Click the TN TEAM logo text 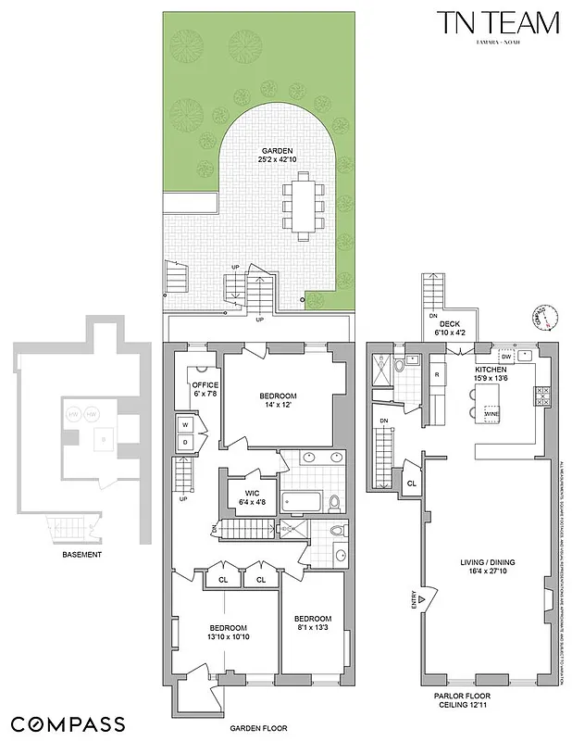[x=500, y=22]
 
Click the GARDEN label [x=278, y=149]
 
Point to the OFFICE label [x=204, y=384]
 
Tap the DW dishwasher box [x=505, y=356]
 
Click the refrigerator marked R [x=436, y=374]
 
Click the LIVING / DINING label [x=487, y=562]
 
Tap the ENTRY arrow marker [x=422, y=600]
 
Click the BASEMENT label [x=81, y=555]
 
